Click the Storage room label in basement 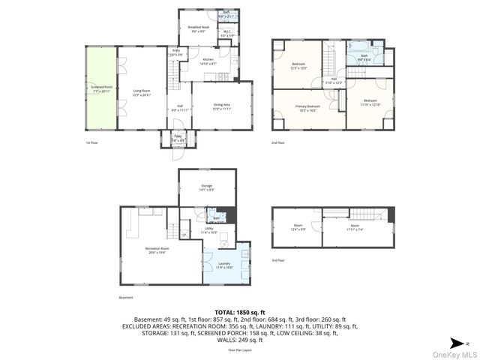click(206, 187)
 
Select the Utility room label click(209, 231)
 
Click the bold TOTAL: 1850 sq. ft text click(239, 312)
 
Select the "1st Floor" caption click(93, 142)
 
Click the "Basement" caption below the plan click(126, 297)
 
